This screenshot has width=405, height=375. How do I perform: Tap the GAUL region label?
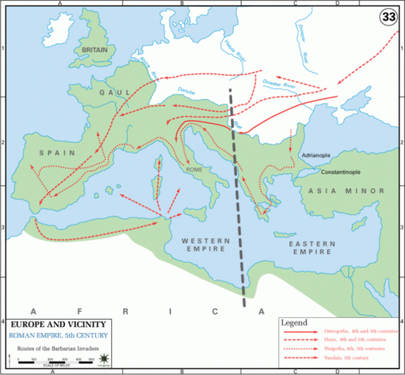pos(113,91)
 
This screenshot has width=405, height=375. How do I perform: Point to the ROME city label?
pos(195,168)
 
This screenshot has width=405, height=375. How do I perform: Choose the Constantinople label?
pos(335,170)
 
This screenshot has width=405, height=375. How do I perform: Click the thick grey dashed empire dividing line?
pos(238,195)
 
